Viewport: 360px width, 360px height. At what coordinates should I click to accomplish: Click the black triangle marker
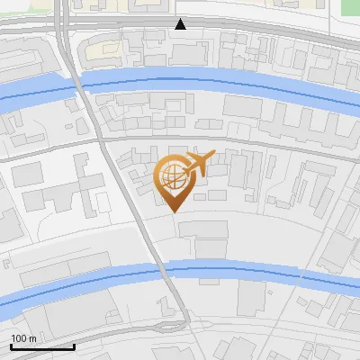pos(181,23)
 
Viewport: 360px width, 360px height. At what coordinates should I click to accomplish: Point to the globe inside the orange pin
pos(171,178)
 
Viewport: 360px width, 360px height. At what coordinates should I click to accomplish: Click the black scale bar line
pos(42,346)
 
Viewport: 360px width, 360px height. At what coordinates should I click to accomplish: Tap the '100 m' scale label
pos(24,338)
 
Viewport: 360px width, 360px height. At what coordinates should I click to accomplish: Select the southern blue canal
pos(252,272)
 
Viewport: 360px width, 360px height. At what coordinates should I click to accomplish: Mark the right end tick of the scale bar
pos(74,345)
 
